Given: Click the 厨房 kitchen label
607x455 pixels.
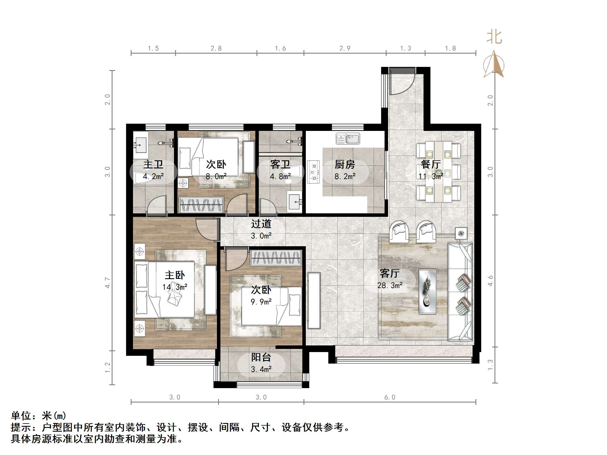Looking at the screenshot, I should [344, 165].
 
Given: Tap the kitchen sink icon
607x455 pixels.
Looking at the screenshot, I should [348, 139].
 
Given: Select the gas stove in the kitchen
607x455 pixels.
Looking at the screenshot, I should [314, 172].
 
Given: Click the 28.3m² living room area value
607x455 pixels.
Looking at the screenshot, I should [390, 285].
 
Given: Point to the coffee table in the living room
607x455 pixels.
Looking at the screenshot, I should [427, 292].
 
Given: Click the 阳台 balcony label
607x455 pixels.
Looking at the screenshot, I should [261, 357].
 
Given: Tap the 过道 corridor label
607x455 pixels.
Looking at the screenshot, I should [261, 224].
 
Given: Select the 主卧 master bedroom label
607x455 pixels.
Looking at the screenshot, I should [175, 275].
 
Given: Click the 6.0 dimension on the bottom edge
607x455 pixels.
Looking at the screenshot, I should [390, 397].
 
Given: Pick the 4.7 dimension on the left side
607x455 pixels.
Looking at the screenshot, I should [108, 283].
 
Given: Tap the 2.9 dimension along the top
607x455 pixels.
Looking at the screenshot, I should [345, 48].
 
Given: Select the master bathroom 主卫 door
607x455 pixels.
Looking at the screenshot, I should [157, 205].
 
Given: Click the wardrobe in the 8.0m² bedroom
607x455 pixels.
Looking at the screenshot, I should [201, 205].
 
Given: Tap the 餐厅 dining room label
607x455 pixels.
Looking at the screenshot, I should [430, 165].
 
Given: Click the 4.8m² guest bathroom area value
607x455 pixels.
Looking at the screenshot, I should [280, 176].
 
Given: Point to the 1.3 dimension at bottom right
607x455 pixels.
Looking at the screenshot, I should [490, 365].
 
